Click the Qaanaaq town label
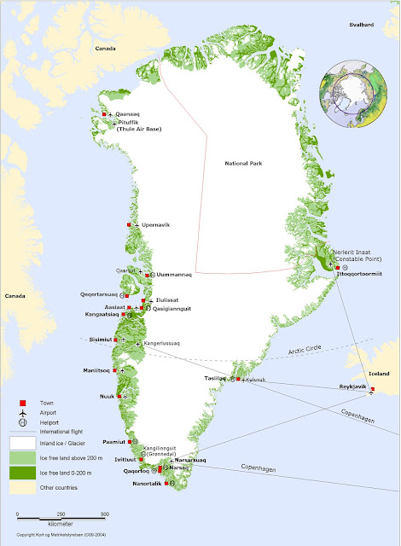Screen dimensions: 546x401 129,113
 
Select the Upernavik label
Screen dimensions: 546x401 155,224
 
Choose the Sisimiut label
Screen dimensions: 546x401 100,340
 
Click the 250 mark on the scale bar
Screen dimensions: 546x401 61,514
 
